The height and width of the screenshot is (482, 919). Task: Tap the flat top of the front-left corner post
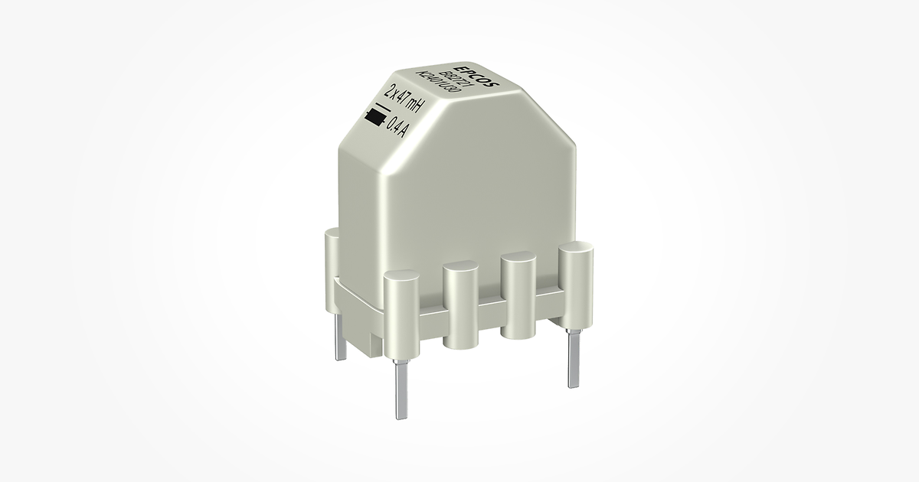[x=399, y=278]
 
